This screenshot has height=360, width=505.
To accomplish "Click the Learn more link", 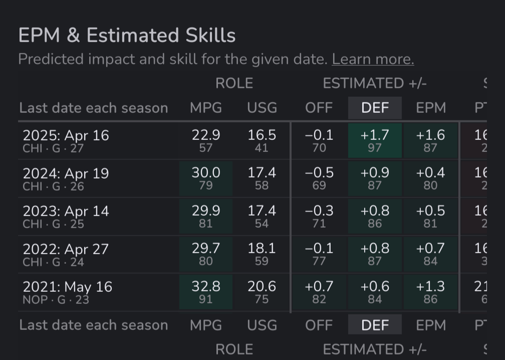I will coord(373,59).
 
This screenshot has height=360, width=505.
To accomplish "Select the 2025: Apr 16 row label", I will coord(66,135).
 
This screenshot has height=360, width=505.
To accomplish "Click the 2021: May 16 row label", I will coord(67,287).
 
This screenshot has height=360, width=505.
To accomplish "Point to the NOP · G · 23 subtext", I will coord(53,300).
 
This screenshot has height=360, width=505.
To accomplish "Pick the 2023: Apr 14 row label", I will coord(66,211).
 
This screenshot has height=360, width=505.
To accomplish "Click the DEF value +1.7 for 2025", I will coord(375,135).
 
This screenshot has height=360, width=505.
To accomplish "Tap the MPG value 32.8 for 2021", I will coord(205,287).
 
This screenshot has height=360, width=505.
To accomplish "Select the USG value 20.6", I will coord(262,287).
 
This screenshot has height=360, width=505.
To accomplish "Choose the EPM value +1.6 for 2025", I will coord(430,135).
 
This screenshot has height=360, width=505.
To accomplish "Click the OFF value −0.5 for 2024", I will coord(319,173).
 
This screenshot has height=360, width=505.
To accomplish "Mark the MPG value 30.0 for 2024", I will coord(205,173).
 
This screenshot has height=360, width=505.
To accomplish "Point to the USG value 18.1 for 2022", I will coord(262,249).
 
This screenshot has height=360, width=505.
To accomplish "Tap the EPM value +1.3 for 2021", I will coord(430,287).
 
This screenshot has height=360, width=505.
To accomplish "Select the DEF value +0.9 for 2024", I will coord(375,173).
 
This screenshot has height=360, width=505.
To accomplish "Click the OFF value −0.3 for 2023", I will coord(319,211).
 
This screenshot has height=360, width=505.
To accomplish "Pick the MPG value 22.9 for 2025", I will coord(205,135).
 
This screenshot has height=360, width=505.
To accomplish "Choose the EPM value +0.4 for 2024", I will coord(430,173).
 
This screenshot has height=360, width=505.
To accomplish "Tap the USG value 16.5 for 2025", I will coord(262,135).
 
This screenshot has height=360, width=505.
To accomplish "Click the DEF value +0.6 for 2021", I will coord(375,287).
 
